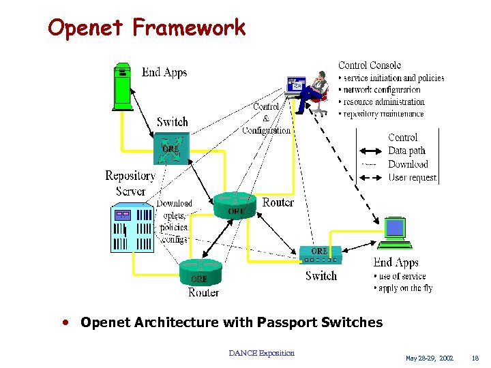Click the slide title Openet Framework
point(147,27)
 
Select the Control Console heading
point(370,65)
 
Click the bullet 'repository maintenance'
point(383,114)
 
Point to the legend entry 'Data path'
point(406,151)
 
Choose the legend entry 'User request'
point(412,177)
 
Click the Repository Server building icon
point(132,229)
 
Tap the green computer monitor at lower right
point(396,233)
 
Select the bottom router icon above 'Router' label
point(201,271)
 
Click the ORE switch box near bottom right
point(319,255)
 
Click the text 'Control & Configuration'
point(267,118)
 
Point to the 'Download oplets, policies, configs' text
point(175,221)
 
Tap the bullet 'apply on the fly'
point(403,288)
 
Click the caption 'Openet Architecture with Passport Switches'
point(231,322)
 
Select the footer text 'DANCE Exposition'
point(262,353)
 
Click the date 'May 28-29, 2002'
point(429,358)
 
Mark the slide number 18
point(475,358)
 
